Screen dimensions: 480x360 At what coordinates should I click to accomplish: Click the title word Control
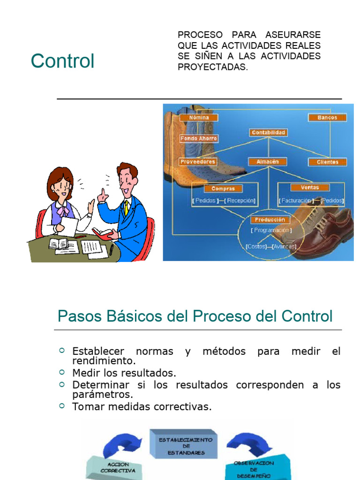point(62,61)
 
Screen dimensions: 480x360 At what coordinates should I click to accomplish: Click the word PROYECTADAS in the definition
point(212,67)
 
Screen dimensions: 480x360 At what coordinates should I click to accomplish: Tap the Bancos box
point(327,117)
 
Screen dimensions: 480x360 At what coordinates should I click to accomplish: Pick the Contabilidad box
point(268,133)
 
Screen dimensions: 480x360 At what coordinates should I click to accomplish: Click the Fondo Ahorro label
point(199,139)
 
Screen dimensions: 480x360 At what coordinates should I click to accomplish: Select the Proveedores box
point(198,162)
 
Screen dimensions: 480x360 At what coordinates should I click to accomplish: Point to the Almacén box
point(268,162)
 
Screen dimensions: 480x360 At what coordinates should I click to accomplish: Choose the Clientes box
point(327,162)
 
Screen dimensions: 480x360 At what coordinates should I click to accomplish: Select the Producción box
point(270,219)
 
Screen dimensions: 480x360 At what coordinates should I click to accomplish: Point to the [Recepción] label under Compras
point(241,200)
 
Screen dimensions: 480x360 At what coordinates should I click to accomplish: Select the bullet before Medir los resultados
point(62,372)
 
